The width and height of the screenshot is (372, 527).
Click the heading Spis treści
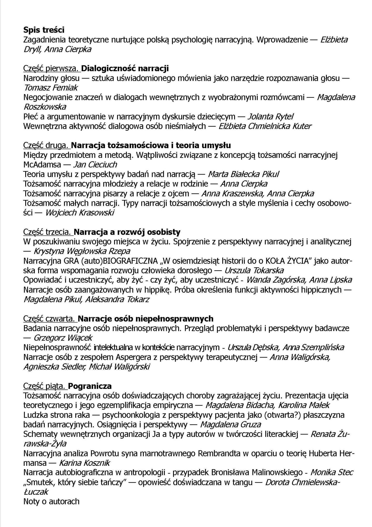tap(44, 30)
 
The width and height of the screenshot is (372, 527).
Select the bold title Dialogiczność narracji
tap(125, 69)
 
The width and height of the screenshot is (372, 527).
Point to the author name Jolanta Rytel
tap(271, 116)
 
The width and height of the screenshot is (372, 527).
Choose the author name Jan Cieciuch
tap(95, 165)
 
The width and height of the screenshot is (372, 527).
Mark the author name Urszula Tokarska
tap(254, 270)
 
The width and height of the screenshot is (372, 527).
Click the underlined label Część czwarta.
tap(50, 319)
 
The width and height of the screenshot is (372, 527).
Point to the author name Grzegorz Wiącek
tap(63, 338)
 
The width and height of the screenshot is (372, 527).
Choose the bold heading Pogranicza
tap(90, 386)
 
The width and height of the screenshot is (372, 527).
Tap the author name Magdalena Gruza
tap(230, 424)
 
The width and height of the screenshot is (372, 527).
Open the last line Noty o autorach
tap(51, 501)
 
